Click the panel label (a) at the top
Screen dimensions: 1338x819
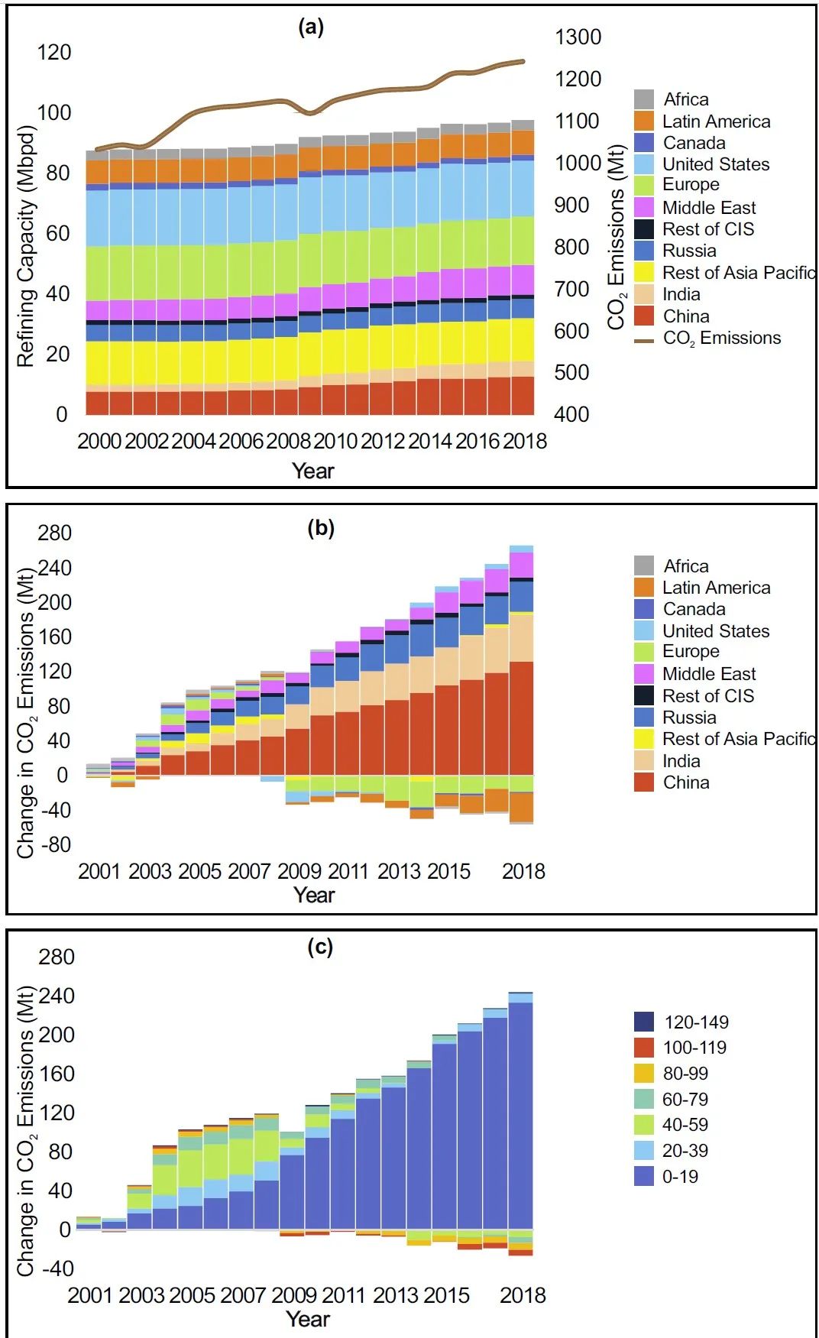tap(311, 28)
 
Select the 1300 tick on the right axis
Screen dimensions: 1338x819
tap(578, 37)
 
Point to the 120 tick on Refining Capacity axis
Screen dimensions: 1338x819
tap(53, 52)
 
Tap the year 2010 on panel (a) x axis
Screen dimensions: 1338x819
tap(335, 441)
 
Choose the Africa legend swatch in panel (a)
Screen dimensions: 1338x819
tap(644, 99)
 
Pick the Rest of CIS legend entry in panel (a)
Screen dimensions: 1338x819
tap(707, 229)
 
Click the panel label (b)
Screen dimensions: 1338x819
tap(321, 528)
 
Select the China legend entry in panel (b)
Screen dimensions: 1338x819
tap(685, 782)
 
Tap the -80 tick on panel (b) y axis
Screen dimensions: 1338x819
tap(53, 844)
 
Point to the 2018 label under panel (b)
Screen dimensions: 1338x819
tap(523, 871)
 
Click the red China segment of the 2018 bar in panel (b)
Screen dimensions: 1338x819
tap(521, 718)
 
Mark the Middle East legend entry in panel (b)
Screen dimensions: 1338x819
tap(708, 674)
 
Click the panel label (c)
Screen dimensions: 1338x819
tap(320, 947)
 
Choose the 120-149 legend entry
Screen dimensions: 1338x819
tap(695, 1022)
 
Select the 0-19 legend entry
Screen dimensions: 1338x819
tap(680, 1177)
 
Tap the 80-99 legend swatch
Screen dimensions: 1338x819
tap(644, 1074)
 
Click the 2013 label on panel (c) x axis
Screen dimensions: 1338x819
tap(396, 1295)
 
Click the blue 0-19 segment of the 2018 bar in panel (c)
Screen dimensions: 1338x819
tap(521, 1116)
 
